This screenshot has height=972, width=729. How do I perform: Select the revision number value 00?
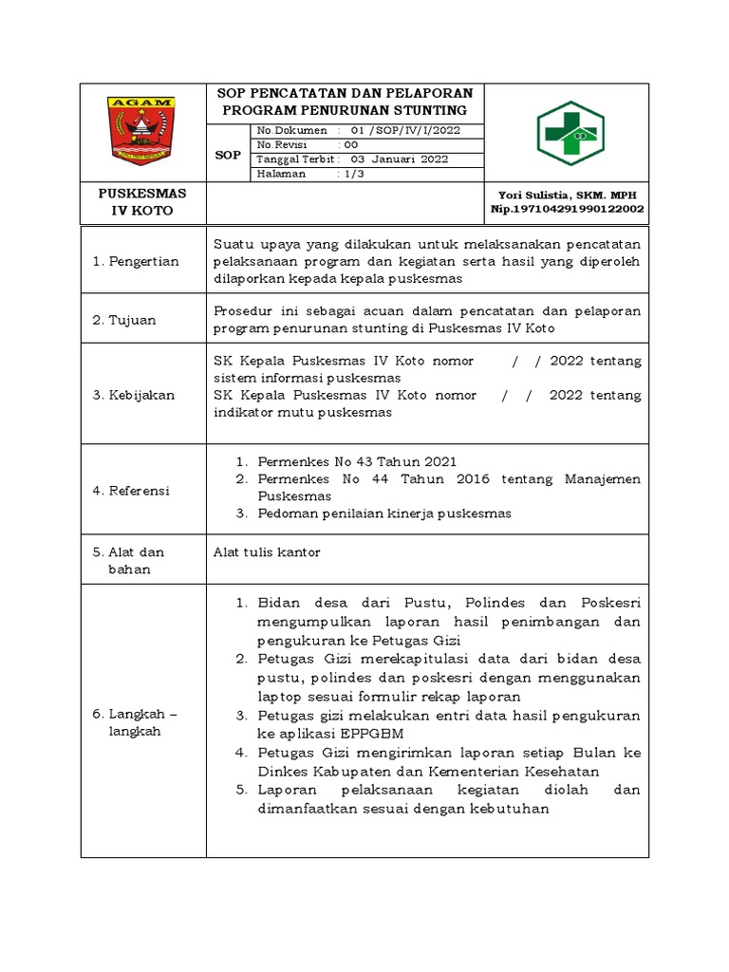click(350, 144)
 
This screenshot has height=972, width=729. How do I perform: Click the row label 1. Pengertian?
click(136, 261)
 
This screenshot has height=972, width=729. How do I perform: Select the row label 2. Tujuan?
click(124, 320)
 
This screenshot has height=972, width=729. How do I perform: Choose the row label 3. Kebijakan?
click(134, 395)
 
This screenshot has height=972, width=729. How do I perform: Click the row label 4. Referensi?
click(131, 491)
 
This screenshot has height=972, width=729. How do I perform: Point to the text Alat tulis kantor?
click(268, 551)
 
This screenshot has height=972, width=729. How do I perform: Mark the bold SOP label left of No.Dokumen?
click(228, 154)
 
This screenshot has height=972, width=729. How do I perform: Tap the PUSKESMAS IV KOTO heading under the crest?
click(142, 201)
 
